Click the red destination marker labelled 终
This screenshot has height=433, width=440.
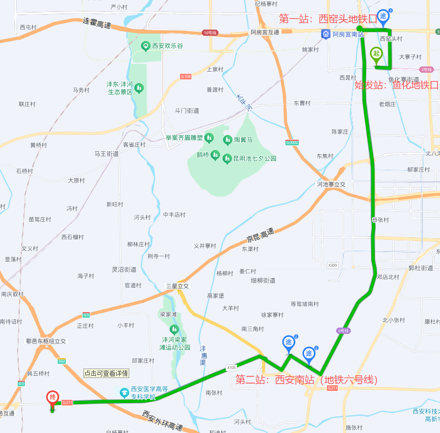52,398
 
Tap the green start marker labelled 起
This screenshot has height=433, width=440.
376,54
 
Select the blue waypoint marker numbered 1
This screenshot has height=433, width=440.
383,17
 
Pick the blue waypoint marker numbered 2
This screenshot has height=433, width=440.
309,355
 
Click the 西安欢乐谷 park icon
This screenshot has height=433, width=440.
146,46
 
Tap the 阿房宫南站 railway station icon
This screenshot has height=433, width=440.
325,35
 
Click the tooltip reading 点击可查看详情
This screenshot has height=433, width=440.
106,373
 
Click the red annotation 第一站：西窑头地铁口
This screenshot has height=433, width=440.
328,19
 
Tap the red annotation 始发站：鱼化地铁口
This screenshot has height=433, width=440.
396,85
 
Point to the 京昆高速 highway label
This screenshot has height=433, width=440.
259,236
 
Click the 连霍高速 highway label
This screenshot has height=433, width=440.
97,22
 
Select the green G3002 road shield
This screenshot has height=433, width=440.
292,142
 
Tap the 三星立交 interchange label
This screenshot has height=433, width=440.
177,286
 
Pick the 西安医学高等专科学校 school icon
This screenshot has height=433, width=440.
124,391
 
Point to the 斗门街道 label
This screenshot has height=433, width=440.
187,111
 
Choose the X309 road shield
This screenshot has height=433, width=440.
333,265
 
